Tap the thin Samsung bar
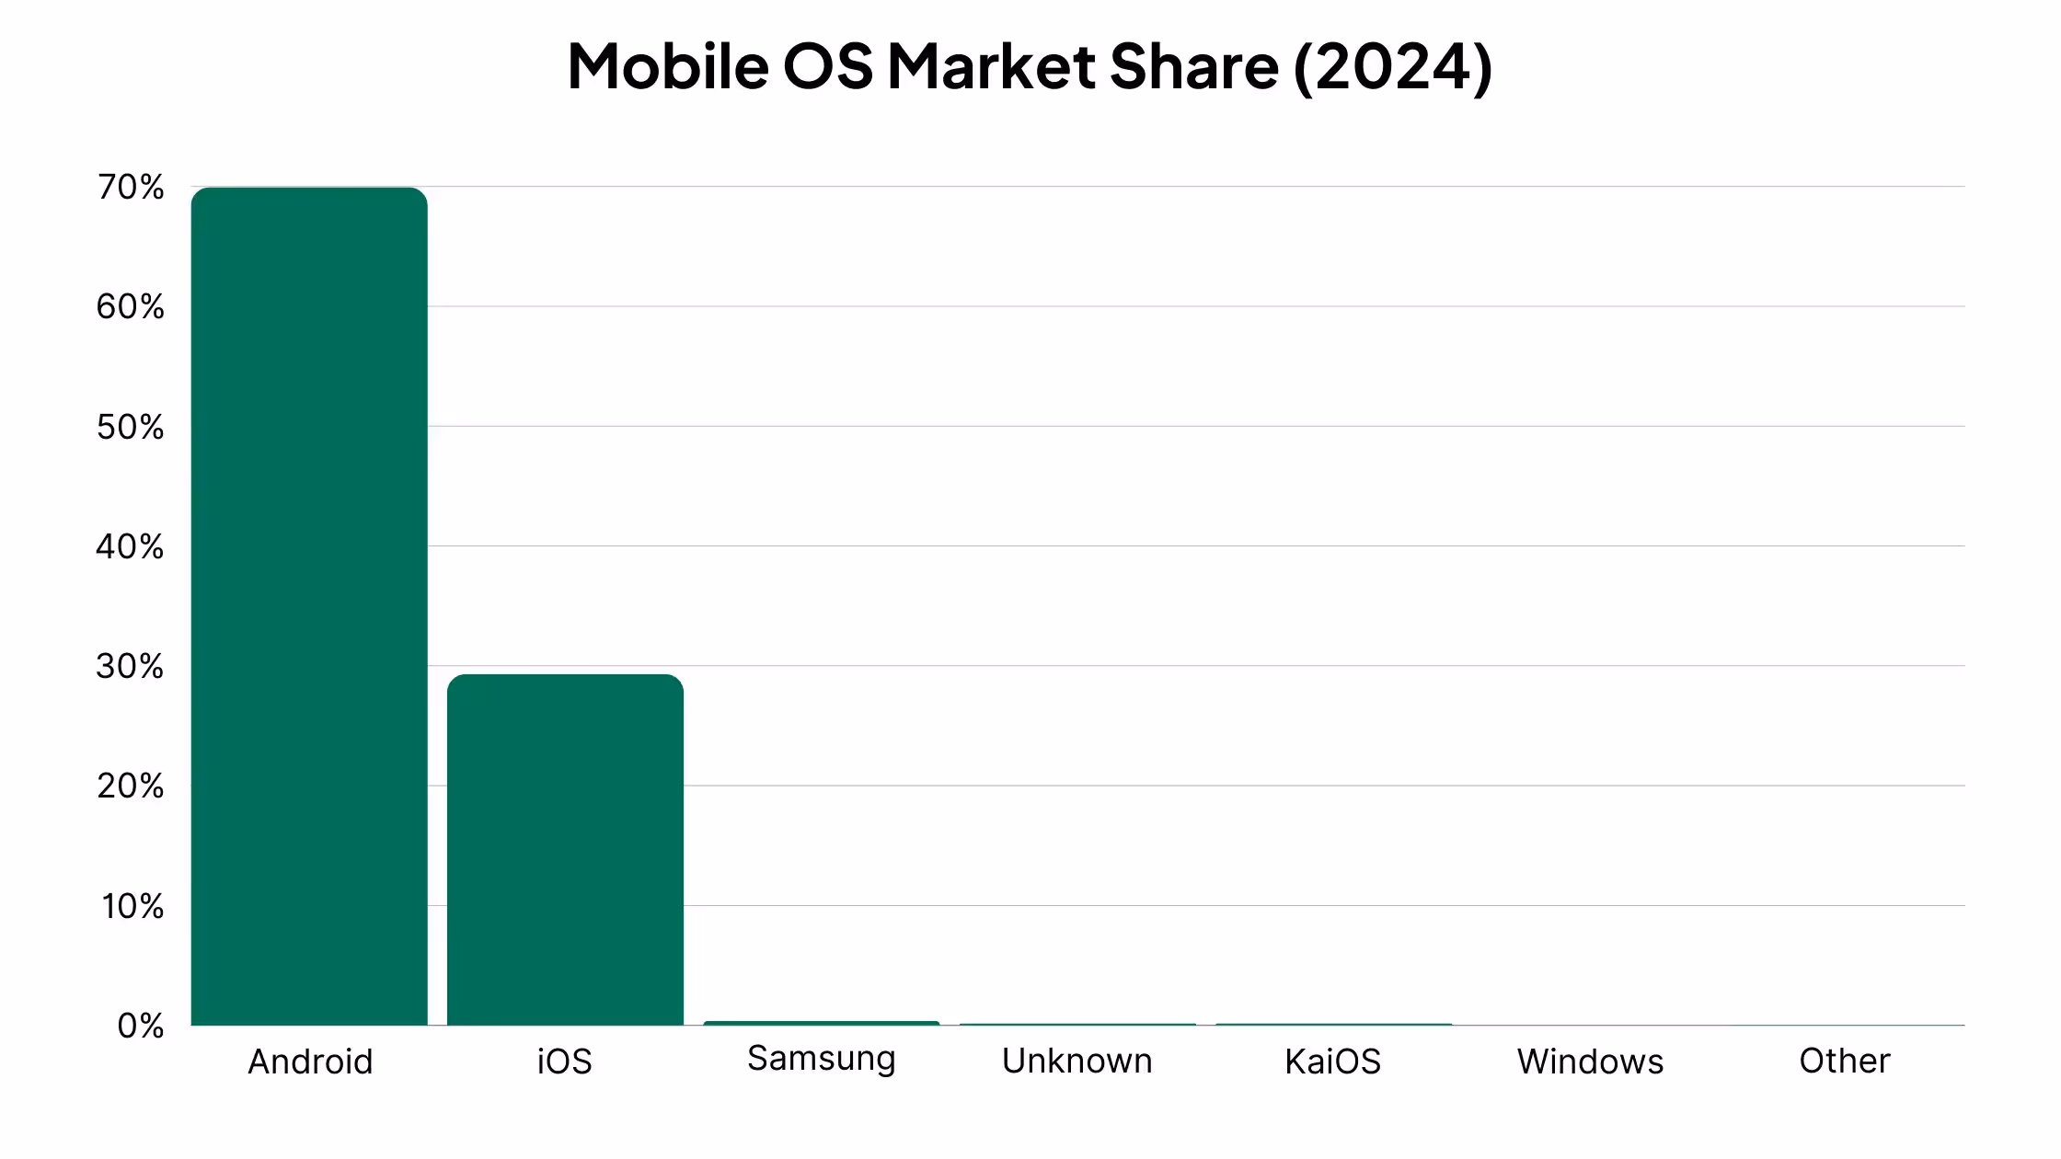tap(821, 1023)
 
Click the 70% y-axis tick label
tap(131, 188)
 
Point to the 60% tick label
tap(131, 307)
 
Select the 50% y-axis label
tap(131, 427)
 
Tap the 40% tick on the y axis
tap(131, 547)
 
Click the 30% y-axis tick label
tap(131, 667)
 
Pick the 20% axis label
tap(131, 786)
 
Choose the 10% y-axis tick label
tap(132, 907)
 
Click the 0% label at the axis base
tap(141, 1026)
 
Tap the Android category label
tap(311, 1061)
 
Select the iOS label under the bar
tap(565, 1061)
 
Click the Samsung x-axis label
tap(821, 1059)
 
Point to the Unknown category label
tap(1077, 1061)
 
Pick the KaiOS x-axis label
tap(1332, 1061)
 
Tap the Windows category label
tap(1590, 1061)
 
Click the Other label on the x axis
tap(1844, 1061)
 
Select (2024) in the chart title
tap(1393, 66)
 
